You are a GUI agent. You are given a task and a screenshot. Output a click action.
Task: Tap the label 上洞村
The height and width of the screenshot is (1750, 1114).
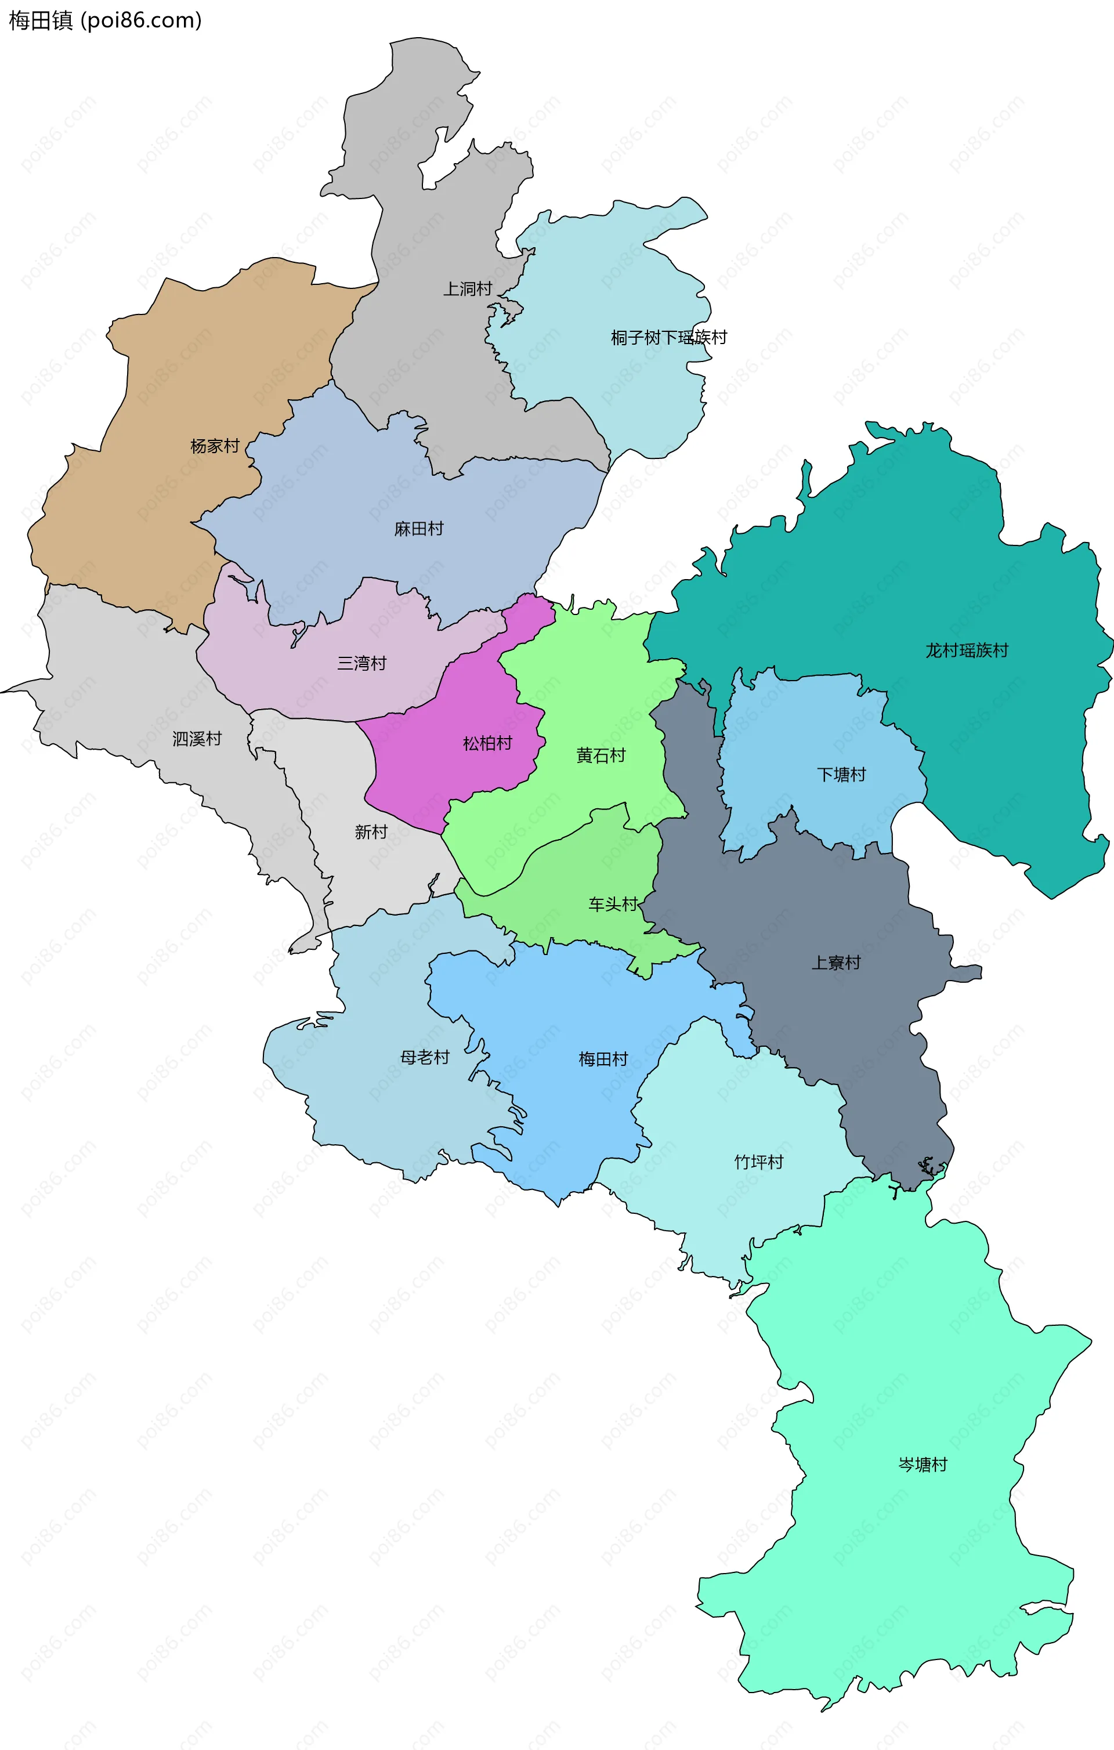point(468,289)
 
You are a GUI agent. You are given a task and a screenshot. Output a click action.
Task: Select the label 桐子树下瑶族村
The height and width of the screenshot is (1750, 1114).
point(668,338)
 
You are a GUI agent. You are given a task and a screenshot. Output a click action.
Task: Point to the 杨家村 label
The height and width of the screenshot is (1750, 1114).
point(214,446)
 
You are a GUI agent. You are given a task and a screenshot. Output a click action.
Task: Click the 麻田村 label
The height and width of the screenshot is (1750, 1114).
point(418,529)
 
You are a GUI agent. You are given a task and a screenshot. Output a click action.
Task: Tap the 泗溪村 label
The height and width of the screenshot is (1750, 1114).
point(197,739)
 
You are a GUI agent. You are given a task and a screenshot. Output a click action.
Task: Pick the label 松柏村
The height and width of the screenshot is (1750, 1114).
point(487,743)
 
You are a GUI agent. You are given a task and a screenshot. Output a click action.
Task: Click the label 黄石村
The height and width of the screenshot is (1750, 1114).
point(601,756)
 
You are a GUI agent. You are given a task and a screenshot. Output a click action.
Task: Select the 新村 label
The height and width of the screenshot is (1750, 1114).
point(371,832)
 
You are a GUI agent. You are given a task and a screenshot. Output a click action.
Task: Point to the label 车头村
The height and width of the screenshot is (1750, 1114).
point(613,905)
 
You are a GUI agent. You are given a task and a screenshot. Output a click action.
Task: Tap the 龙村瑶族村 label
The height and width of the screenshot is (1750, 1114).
point(967,651)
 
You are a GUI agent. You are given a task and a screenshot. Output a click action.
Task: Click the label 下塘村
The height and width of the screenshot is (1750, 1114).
point(841,775)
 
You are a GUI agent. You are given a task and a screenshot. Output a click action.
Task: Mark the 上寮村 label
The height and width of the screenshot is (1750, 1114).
point(835,963)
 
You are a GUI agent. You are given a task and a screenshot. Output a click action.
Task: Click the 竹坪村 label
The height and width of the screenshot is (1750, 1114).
point(759,1162)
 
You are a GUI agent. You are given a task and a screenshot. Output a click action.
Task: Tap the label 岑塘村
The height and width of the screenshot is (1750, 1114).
point(923,1465)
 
